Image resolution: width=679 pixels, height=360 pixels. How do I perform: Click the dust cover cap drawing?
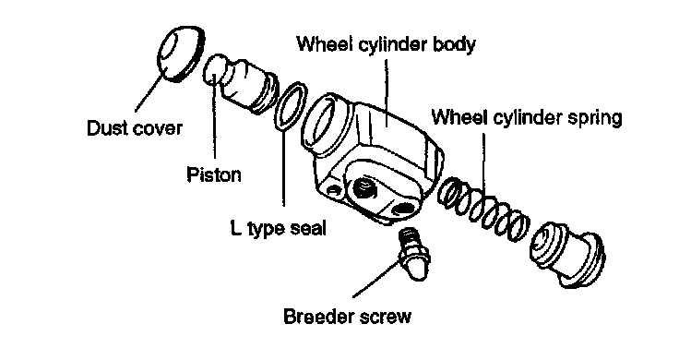point(180,54)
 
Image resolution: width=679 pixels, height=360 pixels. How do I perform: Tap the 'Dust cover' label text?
point(135,128)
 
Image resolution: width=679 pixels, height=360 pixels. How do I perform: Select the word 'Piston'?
point(214,174)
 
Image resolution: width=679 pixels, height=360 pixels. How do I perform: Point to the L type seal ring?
point(291,106)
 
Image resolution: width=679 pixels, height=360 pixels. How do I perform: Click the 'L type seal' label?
point(278,228)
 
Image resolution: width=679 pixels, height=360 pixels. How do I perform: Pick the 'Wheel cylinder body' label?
point(387,44)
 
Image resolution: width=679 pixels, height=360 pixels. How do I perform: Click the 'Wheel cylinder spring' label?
point(527,117)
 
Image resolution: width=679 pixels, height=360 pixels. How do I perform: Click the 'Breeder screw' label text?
point(347,317)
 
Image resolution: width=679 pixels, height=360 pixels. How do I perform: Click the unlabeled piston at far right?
point(567,254)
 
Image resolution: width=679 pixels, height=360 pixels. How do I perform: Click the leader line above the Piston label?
point(214,117)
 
